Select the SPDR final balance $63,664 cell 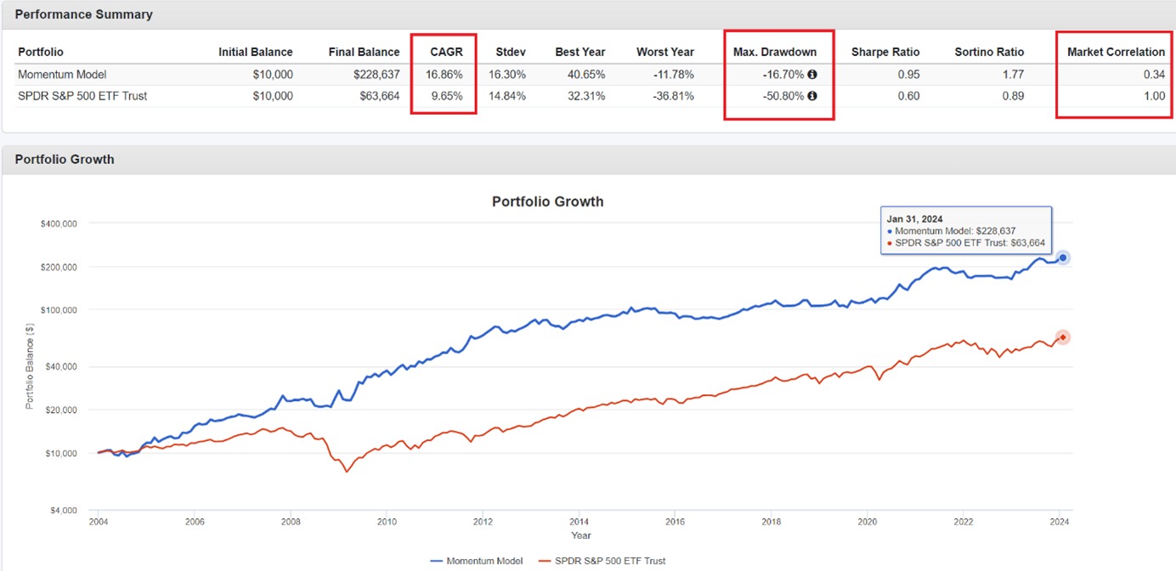coord(376,96)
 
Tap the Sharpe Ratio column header coord(885,52)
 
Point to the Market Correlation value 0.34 coord(1154,74)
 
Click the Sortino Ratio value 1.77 coord(1013,74)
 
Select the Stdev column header coord(511,52)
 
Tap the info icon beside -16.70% coord(811,75)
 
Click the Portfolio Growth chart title coord(547,201)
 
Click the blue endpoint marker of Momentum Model coord(1062,257)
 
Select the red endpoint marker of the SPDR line coord(1062,337)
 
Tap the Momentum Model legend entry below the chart coord(476,561)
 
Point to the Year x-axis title coord(581,535)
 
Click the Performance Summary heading coord(83,14)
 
